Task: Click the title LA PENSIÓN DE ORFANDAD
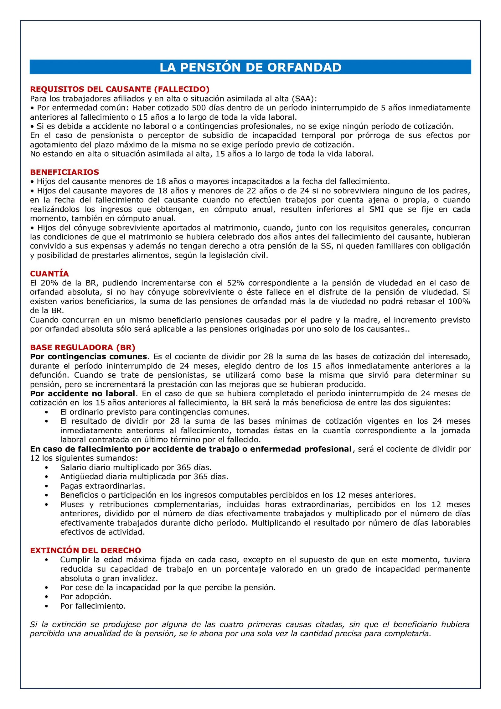click(x=250, y=67)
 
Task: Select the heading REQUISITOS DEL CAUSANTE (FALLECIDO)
click(x=120, y=89)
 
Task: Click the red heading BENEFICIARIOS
click(x=65, y=172)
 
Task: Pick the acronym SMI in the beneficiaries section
click(x=376, y=209)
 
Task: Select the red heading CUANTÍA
click(x=49, y=274)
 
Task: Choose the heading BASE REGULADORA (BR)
click(x=83, y=347)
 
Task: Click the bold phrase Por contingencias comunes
click(x=89, y=357)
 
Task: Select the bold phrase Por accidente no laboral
click(x=83, y=394)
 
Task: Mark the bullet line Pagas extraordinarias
click(x=103, y=486)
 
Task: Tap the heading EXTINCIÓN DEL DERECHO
click(x=85, y=550)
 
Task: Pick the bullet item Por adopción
click(x=86, y=597)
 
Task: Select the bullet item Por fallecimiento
click(x=93, y=606)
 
